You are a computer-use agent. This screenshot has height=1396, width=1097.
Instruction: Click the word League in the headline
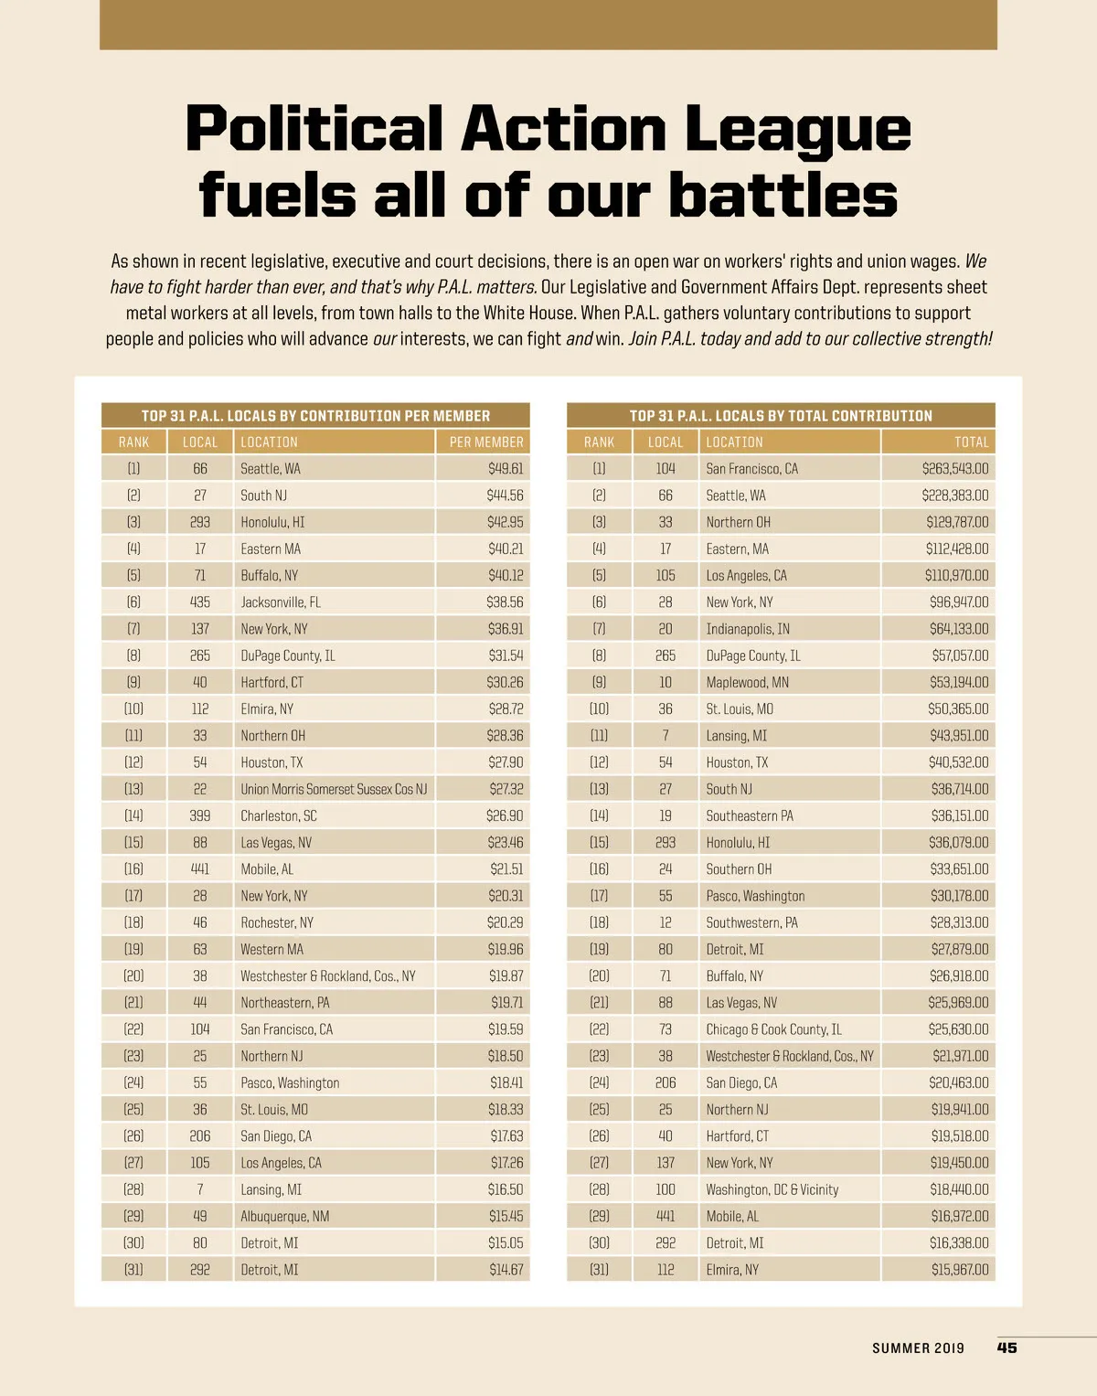pos(797,130)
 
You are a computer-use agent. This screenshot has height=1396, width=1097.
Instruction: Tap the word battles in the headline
pos(783,196)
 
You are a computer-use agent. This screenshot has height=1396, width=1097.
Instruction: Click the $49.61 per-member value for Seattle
pos(506,469)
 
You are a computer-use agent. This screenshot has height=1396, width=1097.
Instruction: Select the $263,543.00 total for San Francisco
pos(955,469)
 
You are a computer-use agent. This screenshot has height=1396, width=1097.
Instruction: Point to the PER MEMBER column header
pos(486,442)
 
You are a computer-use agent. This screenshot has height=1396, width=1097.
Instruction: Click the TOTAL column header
pos(971,442)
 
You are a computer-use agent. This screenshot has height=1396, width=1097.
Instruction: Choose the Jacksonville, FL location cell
pos(281,602)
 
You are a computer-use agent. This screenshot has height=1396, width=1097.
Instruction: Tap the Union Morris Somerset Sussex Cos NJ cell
pos(334,789)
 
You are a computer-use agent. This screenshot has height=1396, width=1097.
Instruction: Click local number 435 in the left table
pos(200,602)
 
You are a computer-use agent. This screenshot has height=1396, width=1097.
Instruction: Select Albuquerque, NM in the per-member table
pos(284,1217)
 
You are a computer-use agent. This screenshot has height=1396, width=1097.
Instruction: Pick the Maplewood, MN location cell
pos(747,683)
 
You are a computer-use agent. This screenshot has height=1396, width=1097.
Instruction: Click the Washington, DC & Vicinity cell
pos(772,1190)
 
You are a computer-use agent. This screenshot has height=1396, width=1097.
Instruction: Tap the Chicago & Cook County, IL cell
pos(773,1030)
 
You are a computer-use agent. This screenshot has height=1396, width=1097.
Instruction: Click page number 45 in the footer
pos(1006,1348)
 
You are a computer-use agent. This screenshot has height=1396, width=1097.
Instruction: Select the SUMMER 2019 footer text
pos(918,1348)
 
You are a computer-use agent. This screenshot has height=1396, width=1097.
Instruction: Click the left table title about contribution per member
pos(315,416)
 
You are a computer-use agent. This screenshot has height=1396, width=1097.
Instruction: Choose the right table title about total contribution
pos(781,416)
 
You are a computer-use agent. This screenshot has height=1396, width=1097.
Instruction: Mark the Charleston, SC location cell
pos(278,816)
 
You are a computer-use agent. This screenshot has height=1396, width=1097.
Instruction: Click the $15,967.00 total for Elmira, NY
pos(960,1270)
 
